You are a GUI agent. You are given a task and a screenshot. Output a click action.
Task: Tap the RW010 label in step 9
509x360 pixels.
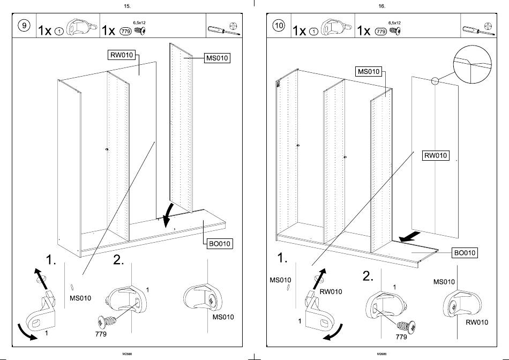pyautogui.click(x=121, y=56)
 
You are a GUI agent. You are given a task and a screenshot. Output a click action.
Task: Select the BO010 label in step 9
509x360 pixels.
pyautogui.click(x=219, y=244)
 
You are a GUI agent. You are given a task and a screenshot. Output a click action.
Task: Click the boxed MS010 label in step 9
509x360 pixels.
pyautogui.click(x=218, y=58)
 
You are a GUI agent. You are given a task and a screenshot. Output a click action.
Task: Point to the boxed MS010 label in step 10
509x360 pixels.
pyautogui.click(x=369, y=72)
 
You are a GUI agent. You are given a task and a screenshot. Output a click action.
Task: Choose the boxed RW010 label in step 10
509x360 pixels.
pyautogui.click(x=435, y=156)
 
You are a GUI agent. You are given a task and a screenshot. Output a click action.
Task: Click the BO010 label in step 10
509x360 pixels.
pyautogui.click(x=465, y=252)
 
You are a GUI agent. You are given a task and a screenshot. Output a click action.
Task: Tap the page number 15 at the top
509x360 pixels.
pyautogui.click(x=126, y=6)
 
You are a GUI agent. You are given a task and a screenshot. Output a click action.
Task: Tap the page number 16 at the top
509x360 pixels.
pyautogui.click(x=381, y=6)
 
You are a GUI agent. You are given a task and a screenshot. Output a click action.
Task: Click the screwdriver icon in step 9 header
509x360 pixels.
pyautogui.click(x=215, y=29)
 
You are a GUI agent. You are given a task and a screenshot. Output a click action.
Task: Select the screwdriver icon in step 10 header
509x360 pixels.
pyautogui.click(x=470, y=29)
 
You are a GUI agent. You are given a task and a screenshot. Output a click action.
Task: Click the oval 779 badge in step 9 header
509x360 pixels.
pyautogui.click(x=127, y=31)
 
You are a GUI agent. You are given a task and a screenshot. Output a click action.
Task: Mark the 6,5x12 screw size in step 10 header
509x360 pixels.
pyautogui.click(x=394, y=23)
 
